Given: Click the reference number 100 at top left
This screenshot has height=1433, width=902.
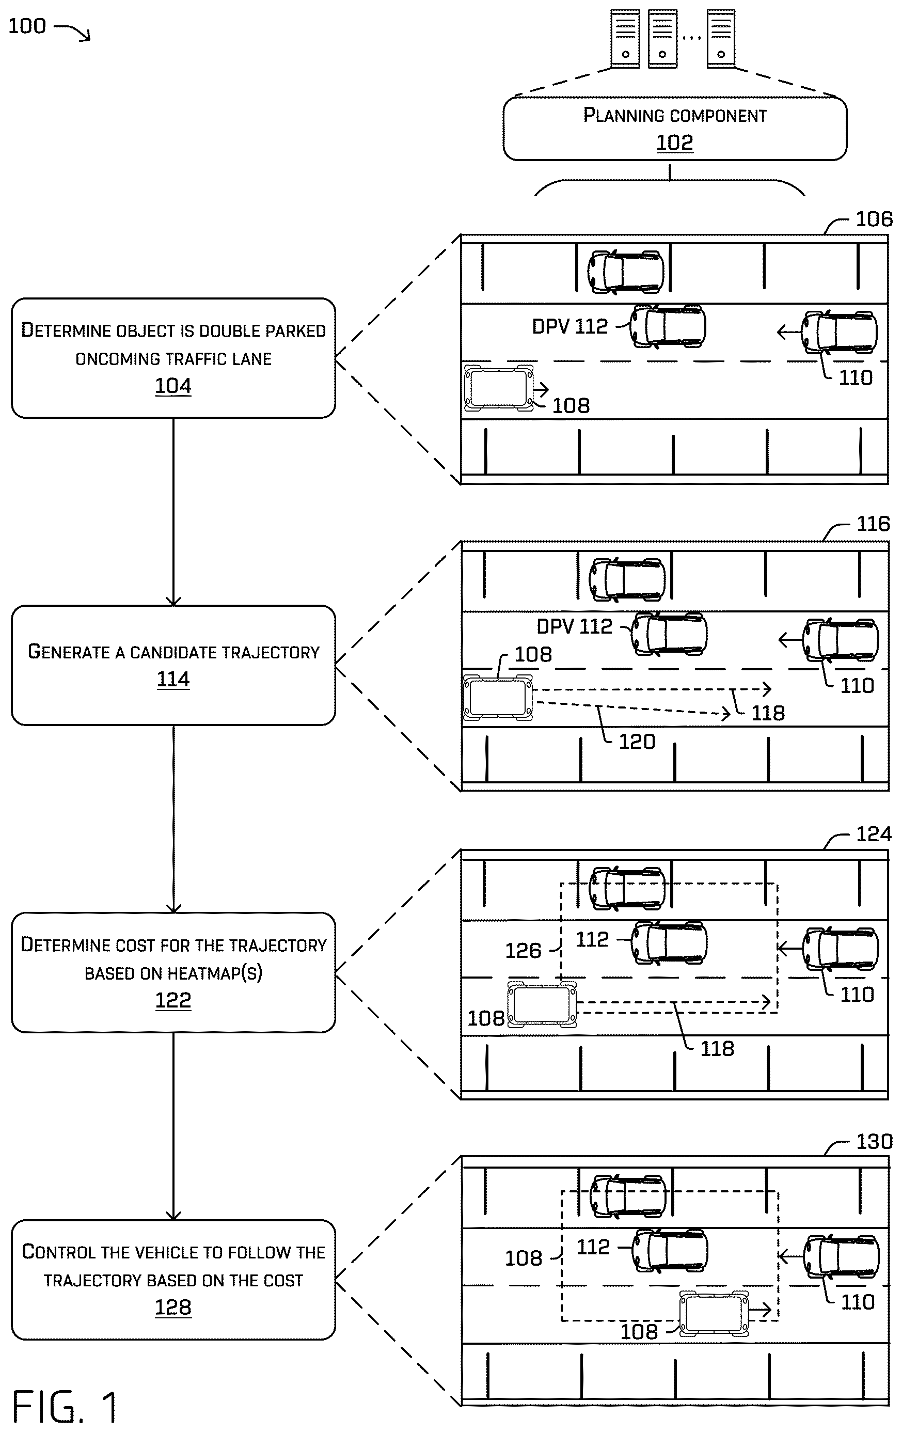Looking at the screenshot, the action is [x=27, y=26].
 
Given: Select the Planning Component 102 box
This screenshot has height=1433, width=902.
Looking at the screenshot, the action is [x=675, y=129].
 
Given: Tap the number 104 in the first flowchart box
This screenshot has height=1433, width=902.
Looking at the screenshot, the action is [x=173, y=386].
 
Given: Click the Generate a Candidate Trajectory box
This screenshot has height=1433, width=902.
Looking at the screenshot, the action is [x=173, y=665].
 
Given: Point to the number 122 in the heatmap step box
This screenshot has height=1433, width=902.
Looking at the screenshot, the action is [x=173, y=1000].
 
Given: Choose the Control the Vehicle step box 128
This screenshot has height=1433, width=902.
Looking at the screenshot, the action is [x=173, y=1280].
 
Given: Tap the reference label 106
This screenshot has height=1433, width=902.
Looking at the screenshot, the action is [x=874, y=219].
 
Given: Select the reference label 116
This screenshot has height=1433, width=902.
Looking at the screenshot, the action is [x=874, y=524].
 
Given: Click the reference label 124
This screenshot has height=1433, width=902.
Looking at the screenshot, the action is [x=874, y=834].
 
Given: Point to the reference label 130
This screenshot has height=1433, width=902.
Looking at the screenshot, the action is [x=874, y=1141].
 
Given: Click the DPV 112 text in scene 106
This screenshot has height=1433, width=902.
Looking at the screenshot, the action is [x=569, y=326].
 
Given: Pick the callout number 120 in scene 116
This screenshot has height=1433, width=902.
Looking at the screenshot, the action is [x=637, y=742].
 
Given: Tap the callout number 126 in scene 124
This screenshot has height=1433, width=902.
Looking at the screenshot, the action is [x=523, y=950].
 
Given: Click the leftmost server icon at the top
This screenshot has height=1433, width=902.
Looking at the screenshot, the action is [x=625, y=39].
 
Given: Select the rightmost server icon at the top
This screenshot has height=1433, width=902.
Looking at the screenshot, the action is [x=721, y=39].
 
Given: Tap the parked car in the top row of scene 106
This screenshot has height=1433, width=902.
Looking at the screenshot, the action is [x=625, y=271].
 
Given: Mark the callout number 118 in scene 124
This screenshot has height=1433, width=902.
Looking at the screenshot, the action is [x=717, y=1049].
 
